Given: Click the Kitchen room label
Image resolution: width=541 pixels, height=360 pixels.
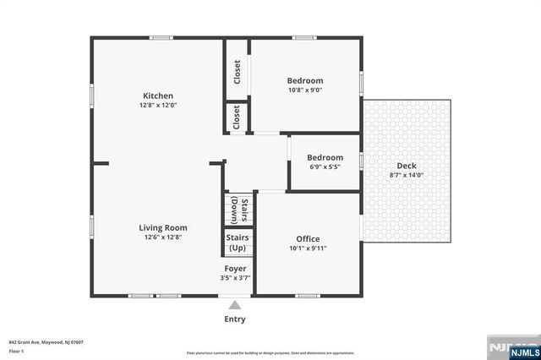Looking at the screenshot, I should (x=158, y=95).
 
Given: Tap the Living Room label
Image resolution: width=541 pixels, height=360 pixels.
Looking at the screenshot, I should (x=163, y=227).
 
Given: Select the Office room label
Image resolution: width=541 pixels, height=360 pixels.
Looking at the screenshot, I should (x=308, y=238).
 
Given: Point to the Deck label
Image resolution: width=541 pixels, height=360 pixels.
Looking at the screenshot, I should (x=407, y=166).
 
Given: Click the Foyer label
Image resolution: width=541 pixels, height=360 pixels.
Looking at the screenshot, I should (x=235, y=268).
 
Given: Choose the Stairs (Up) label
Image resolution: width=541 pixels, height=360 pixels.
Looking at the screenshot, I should (x=238, y=243).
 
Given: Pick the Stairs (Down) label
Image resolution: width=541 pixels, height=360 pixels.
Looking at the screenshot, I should (x=238, y=209).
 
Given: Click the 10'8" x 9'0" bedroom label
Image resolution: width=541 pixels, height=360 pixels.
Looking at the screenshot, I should (x=305, y=80).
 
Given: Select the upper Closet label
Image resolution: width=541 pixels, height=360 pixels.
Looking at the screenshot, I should (x=238, y=74).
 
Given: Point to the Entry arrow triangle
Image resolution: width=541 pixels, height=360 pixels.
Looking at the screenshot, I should (x=235, y=305).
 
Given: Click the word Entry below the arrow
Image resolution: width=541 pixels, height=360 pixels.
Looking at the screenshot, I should (x=235, y=319).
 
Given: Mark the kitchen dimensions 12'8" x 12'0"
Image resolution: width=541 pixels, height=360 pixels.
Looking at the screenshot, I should (x=158, y=106).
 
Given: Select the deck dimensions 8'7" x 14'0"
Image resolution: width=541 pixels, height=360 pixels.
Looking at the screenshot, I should (x=407, y=176).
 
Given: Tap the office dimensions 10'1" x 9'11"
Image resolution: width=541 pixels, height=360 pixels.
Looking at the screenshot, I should (x=308, y=248).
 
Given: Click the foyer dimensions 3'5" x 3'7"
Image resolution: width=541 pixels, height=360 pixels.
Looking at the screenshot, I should (x=235, y=277).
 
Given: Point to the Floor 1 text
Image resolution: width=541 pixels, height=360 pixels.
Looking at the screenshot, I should (x=16, y=350).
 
